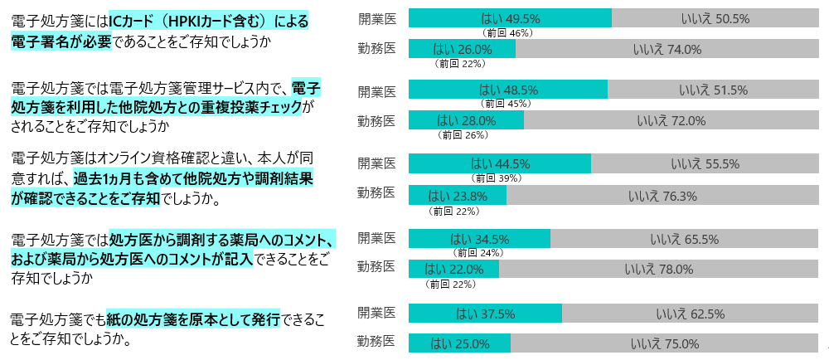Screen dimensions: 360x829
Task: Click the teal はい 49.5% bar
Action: tap(510, 18)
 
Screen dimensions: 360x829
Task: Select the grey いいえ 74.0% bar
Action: tap(667, 49)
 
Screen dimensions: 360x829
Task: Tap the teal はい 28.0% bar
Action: tap(466, 120)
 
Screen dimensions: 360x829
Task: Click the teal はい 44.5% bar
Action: tap(500, 163)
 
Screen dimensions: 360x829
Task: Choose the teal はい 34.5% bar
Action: tap(479, 239)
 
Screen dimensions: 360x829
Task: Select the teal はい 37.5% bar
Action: tap(485, 314)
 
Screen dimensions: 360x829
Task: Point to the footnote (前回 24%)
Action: tap(478, 253)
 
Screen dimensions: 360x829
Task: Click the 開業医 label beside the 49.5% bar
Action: tap(376, 18)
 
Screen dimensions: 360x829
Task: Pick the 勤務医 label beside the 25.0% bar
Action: tap(376, 341)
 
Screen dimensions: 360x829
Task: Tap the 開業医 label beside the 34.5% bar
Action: tap(376, 238)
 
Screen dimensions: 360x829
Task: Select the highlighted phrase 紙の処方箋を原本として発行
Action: tap(194, 319)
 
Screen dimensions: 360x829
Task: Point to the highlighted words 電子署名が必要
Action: tap(61, 41)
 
